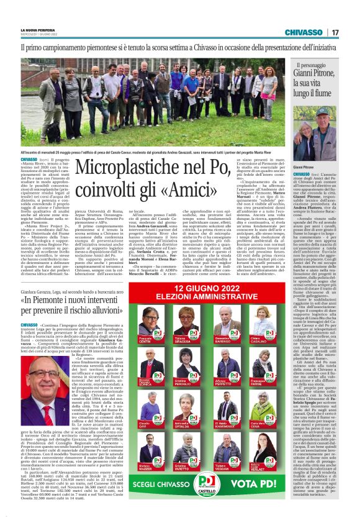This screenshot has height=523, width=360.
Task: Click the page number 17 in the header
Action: [x=350, y=32]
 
